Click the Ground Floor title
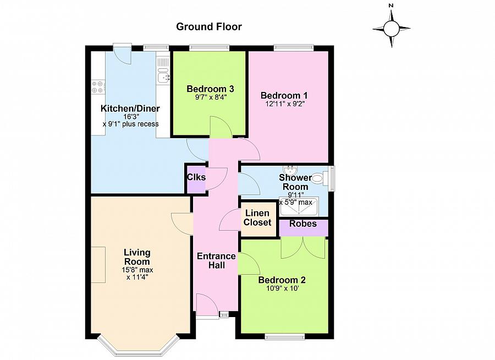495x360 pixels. tap(209, 27)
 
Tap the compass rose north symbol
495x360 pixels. tap(392, 29)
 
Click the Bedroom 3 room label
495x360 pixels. tap(210, 89)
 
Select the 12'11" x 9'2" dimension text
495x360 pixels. tap(285, 103)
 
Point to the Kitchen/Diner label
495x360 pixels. tap(130, 108)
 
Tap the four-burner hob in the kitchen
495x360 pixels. tap(97, 87)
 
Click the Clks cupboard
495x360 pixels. tap(196, 179)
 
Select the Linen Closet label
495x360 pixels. tap(257, 218)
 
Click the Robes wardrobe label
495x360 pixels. tap(303, 224)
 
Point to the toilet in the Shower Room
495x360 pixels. tap(320, 178)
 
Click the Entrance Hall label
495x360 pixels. tap(216, 260)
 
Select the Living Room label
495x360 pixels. tap(137, 257)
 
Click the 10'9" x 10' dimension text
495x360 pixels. tap(282, 288)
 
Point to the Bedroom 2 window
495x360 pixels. tap(285, 337)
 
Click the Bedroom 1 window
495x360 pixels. tap(294, 48)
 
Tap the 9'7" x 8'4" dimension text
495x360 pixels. tap(211, 97)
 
